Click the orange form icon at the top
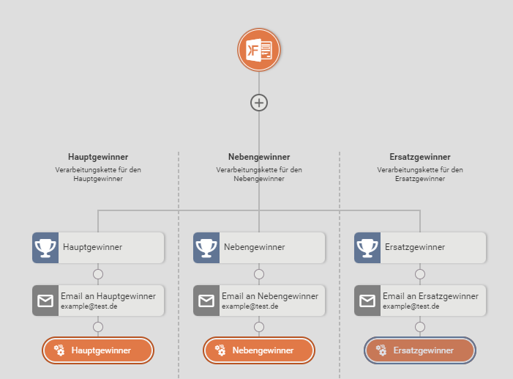(259, 50)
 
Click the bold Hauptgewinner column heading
(98, 157)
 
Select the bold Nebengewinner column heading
(259, 157)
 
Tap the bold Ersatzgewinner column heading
(420, 157)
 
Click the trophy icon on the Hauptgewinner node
(45, 247)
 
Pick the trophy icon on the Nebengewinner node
(206, 247)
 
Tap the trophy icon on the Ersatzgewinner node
(367, 247)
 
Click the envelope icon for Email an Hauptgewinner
(45, 301)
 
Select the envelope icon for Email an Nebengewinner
(206, 301)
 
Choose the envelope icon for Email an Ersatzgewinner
(367, 301)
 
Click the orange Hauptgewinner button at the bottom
(98, 350)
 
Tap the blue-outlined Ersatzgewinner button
(420, 350)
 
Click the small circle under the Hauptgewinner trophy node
(98, 274)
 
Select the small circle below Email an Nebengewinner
(259, 327)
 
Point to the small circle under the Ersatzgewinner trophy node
(420, 274)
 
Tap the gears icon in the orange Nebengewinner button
(220, 350)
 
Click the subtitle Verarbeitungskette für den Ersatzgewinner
(420, 174)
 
